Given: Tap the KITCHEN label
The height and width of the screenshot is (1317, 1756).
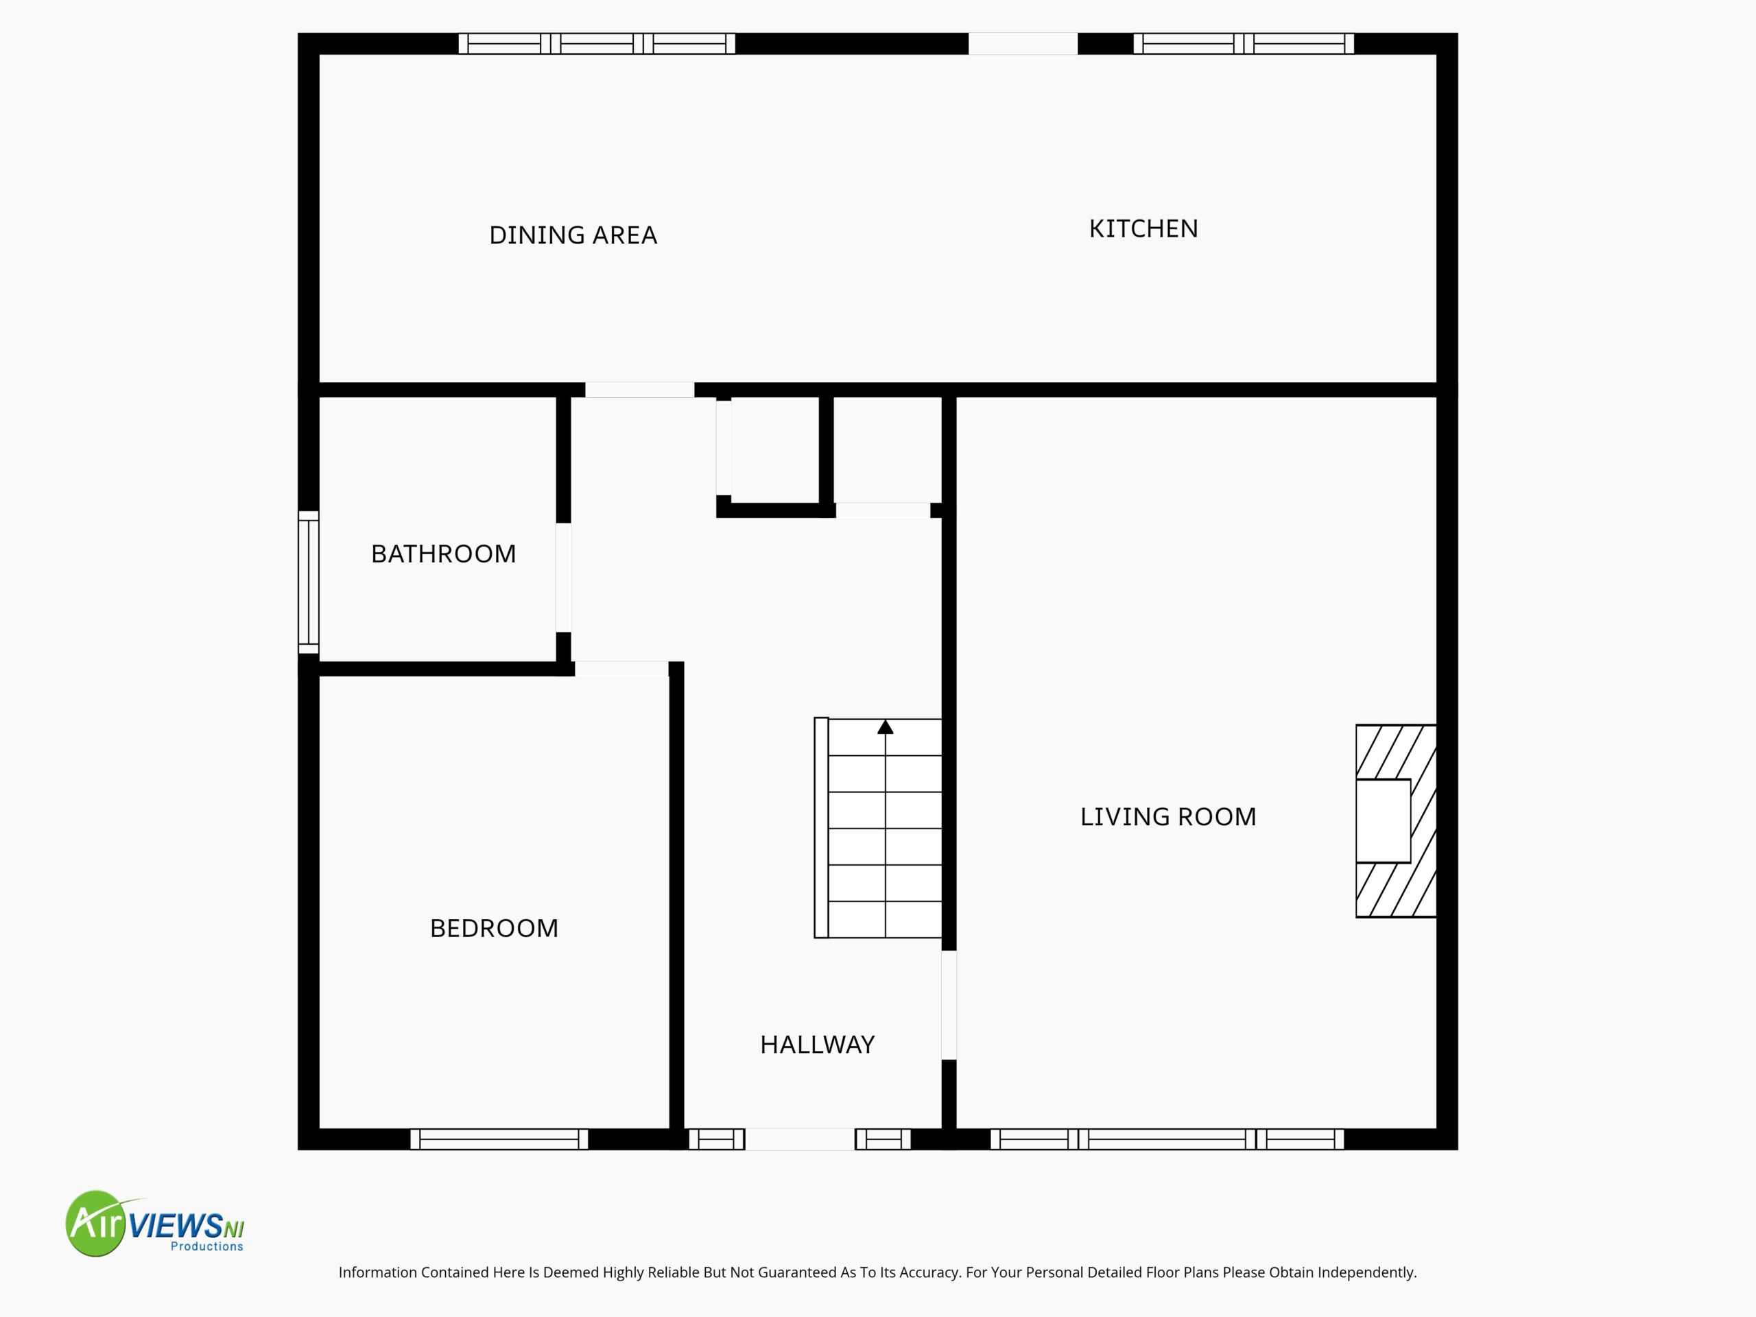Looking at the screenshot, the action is pyautogui.click(x=1143, y=228).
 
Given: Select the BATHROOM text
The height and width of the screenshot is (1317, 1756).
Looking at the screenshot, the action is pyautogui.click(x=443, y=554).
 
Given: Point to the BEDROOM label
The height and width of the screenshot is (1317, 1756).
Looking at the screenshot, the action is pyautogui.click(x=494, y=928).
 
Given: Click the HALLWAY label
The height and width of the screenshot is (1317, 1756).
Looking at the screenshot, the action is pyautogui.click(x=817, y=1044).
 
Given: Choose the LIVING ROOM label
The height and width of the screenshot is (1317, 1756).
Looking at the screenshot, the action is pyautogui.click(x=1167, y=816).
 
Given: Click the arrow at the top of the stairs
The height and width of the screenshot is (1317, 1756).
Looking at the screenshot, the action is pyautogui.click(x=885, y=726).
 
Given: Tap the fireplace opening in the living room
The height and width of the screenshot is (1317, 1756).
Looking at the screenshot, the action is pyautogui.click(x=1383, y=821).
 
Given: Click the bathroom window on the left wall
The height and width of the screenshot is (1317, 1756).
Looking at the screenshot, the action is pyautogui.click(x=309, y=582).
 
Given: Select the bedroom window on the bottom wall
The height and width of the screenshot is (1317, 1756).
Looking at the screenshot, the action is pyautogui.click(x=499, y=1139).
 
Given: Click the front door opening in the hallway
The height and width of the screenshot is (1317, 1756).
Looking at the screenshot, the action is pyautogui.click(x=799, y=1139).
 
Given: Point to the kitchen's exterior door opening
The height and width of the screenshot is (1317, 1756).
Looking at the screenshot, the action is pyautogui.click(x=1023, y=44).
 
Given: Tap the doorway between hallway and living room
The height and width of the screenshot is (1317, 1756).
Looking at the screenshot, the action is pyautogui.click(x=949, y=1004).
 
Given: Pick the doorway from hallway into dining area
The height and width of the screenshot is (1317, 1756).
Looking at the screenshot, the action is pyautogui.click(x=640, y=390).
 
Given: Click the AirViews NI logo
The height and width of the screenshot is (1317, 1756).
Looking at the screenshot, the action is pyautogui.click(x=155, y=1223).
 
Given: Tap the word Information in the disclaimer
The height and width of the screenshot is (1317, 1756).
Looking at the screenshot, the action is pyautogui.click(x=378, y=1272).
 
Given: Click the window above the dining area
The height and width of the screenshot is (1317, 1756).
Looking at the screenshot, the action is pyautogui.click(x=597, y=44).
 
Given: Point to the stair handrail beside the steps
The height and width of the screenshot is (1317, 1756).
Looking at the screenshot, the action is pyautogui.click(x=822, y=828).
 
